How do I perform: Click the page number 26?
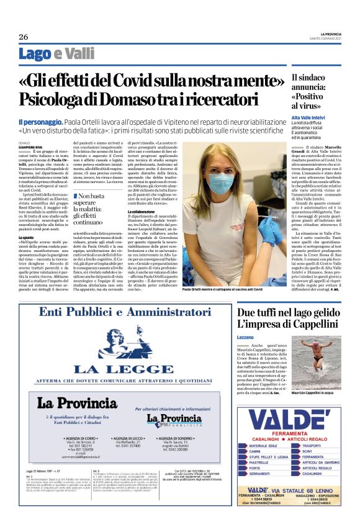pos(24,36)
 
